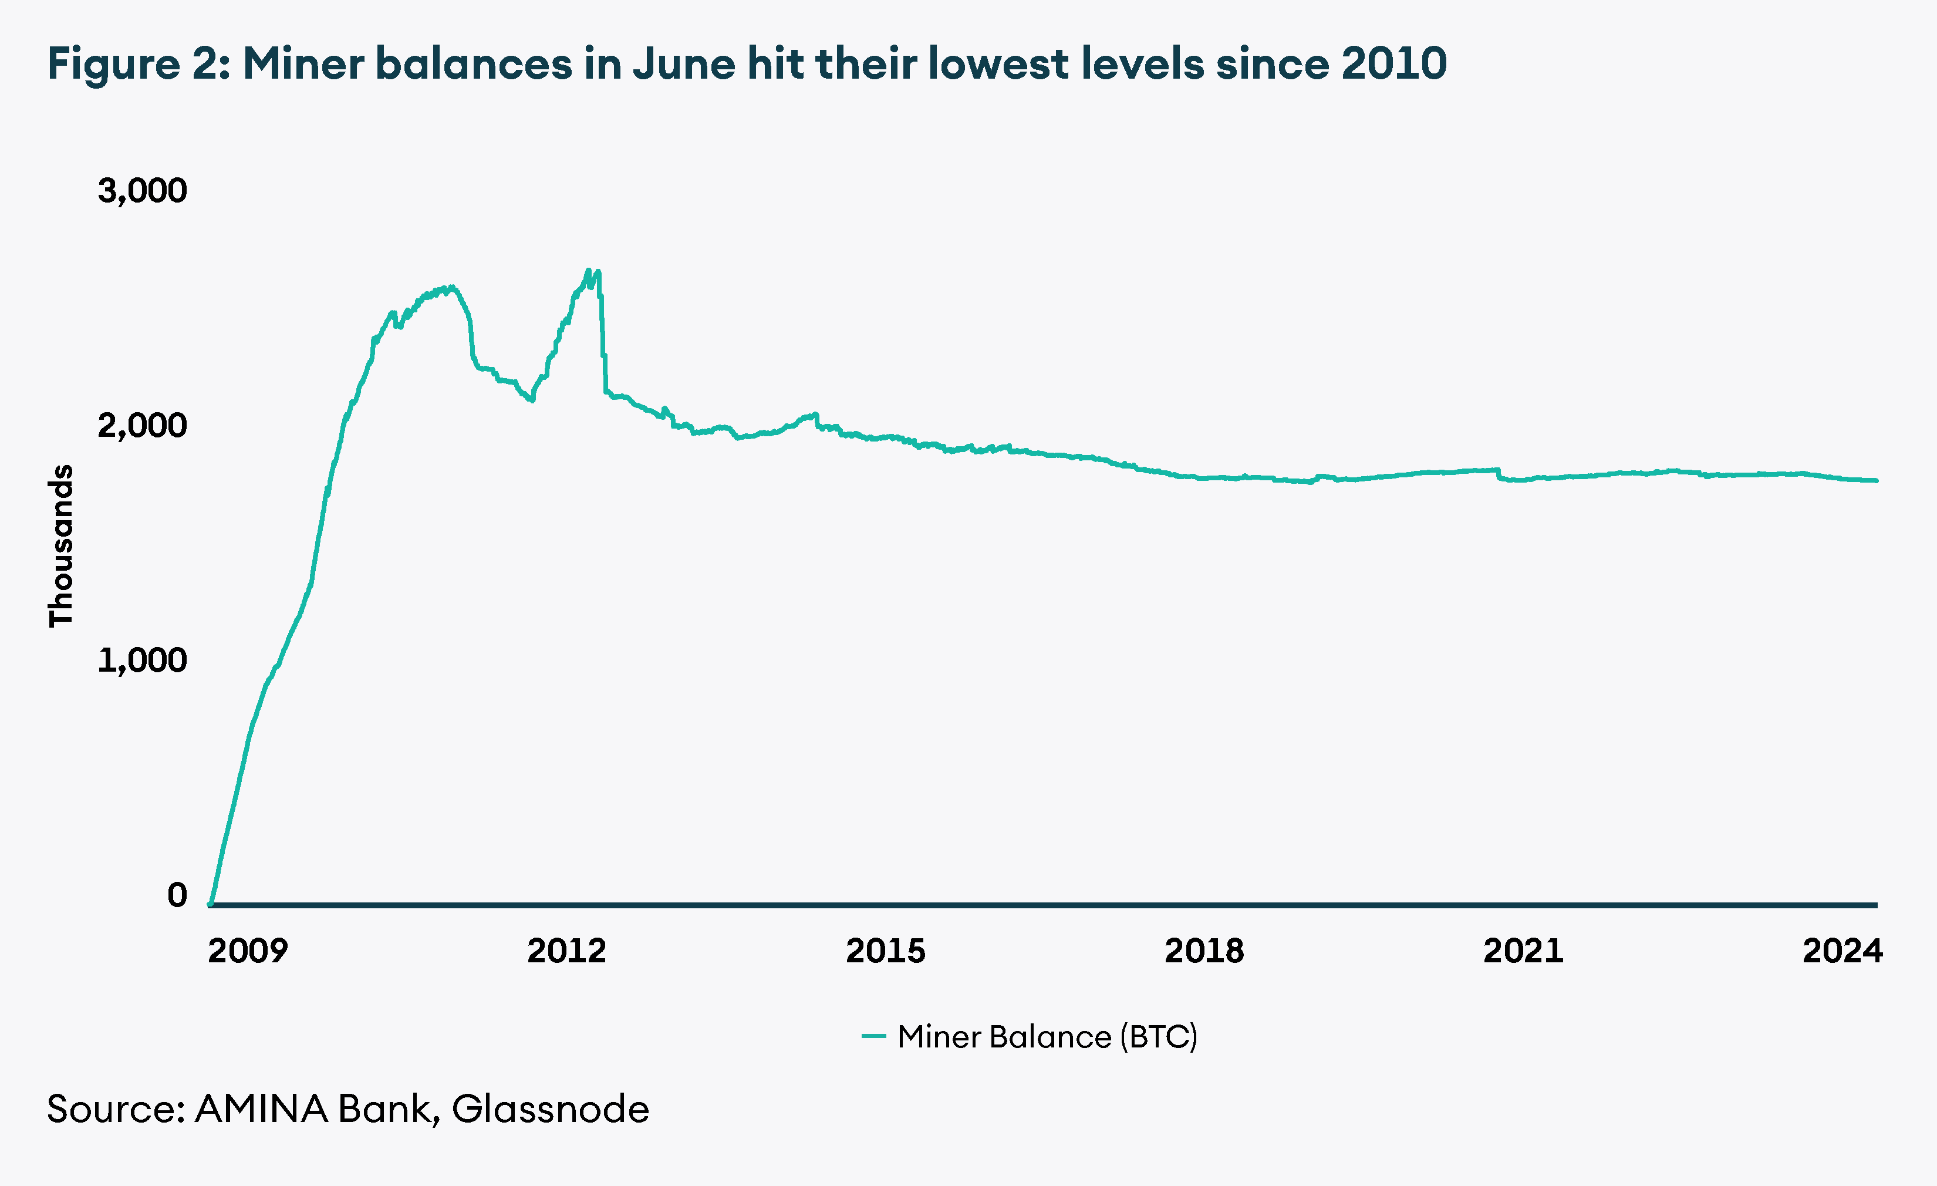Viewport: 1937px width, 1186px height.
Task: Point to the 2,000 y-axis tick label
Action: pos(142,426)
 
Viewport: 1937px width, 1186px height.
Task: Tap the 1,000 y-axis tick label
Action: pos(142,660)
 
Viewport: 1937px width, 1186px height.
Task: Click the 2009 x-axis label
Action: pos(248,951)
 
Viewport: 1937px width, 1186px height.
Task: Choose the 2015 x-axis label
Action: pos(885,951)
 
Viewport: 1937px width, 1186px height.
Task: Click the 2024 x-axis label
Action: pos(1842,951)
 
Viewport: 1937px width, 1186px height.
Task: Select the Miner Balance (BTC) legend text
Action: pos(1047,1036)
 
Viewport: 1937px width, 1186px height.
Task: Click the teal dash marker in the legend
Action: pos(873,1036)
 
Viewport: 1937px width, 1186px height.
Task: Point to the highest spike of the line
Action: pos(588,271)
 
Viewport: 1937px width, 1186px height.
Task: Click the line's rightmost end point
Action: pos(1876,480)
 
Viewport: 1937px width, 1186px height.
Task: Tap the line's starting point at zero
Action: pos(211,904)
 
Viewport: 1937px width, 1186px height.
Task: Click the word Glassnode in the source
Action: pos(551,1109)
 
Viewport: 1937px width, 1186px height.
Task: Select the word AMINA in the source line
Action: pos(261,1109)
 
